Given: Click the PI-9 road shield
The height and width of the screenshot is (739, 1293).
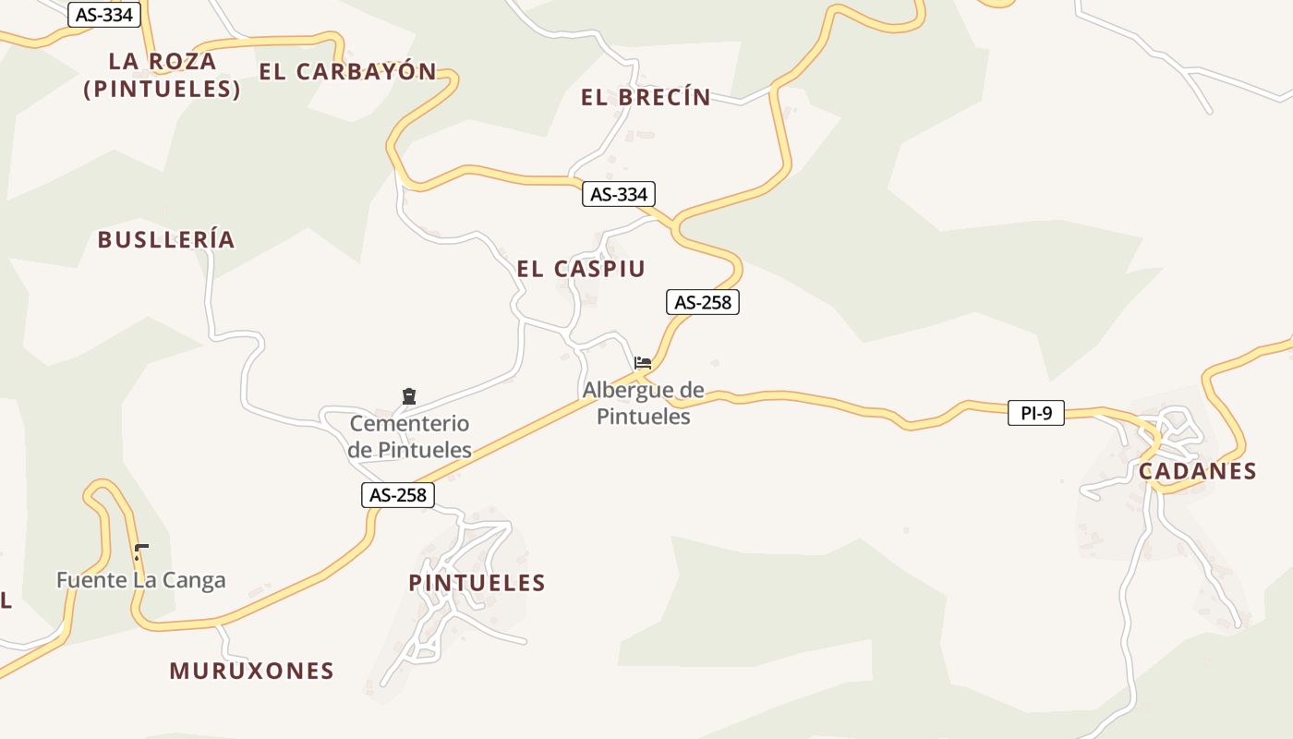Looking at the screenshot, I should coord(1035,413).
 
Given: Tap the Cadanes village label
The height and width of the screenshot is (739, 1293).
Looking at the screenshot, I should coord(1197,471).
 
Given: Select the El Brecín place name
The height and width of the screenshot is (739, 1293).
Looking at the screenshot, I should coord(646,97).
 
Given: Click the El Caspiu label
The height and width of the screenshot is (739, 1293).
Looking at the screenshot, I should coord(580,269).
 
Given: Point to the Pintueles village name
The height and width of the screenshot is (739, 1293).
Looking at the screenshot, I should coord(477,583).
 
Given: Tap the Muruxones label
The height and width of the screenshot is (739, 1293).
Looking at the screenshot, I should coord(251,671).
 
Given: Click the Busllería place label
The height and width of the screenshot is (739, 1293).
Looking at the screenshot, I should coord(166,240).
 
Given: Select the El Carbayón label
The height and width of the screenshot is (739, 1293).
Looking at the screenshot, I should coord(347,72).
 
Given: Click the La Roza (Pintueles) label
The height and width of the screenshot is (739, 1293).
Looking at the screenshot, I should coord(162,75).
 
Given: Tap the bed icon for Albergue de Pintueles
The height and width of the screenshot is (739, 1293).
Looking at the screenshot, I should coord(643,362).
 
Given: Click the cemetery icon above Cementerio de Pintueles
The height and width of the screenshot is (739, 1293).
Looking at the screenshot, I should coord(409,396).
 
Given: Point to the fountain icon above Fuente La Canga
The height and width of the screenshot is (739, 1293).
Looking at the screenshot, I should coord(140,551).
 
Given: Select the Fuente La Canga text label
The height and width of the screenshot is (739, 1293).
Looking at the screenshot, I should coord(140,581).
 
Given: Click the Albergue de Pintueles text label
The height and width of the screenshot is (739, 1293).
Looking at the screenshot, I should coord(643,404).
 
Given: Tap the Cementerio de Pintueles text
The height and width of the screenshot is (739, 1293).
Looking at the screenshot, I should coord(410,437).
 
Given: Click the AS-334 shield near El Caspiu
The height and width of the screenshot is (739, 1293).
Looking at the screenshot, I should coord(619,194).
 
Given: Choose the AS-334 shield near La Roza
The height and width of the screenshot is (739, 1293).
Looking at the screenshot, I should coord(104,15).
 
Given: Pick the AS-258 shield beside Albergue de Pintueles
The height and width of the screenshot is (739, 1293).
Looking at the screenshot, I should coord(702,302).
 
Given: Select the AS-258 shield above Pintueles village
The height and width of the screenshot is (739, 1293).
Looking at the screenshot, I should coord(397,495).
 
